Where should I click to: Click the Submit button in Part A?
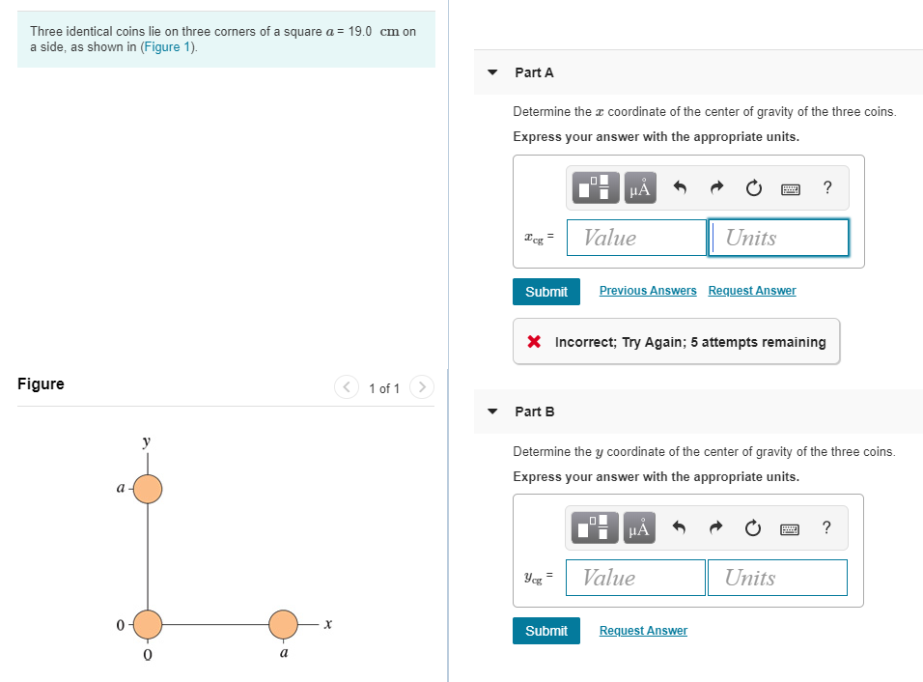[546, 292]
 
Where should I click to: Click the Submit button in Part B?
[546, 631]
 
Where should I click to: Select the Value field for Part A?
[636, 238]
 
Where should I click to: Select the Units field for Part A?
[778, 238]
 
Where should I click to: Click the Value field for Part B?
[635, 578]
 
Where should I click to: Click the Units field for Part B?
[776, 578]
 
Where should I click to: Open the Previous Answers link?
[648, 291]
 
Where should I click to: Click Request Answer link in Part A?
[752, 291]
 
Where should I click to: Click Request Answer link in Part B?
[643, 631]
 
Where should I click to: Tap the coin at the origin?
[148, 625]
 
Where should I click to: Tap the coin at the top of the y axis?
[148, 489]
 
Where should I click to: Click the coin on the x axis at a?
[283, 625]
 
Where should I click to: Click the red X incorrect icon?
[533, 342]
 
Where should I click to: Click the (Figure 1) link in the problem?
[169, 47]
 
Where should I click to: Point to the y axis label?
[146, 442]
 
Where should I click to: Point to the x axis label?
[328, 626]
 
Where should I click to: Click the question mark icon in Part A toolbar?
[827, 188]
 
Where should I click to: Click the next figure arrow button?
[422, 388]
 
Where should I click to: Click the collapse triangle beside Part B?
[492, 412]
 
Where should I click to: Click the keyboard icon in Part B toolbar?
[790, 528]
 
